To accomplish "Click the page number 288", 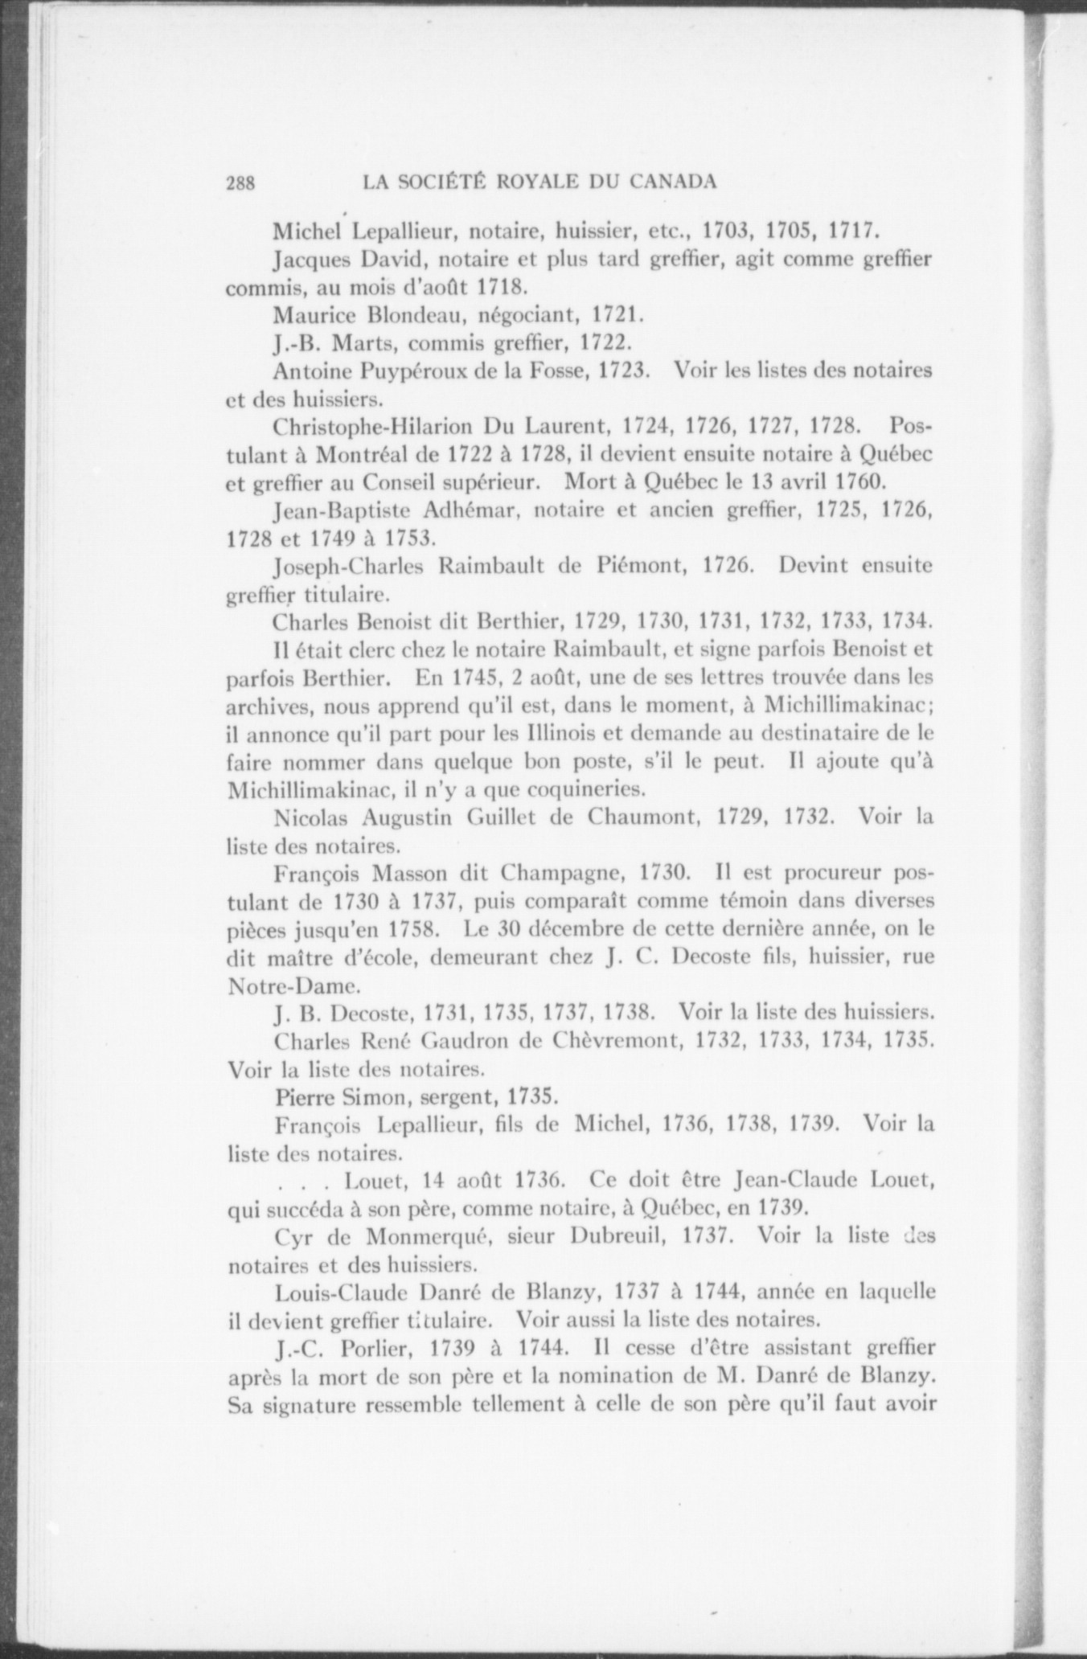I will coord(240,182).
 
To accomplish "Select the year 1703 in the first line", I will coord(726,233).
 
